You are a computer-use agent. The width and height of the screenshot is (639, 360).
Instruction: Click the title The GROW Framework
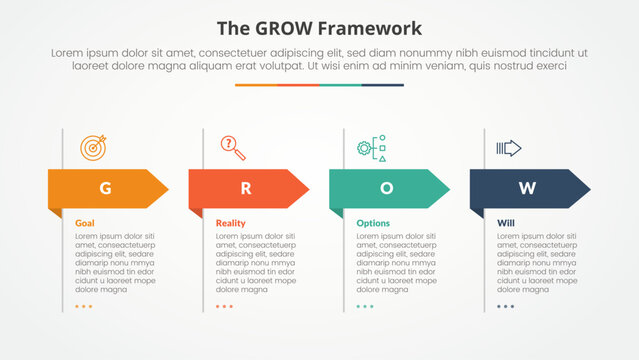319,28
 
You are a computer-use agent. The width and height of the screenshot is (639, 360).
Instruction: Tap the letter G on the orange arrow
105,188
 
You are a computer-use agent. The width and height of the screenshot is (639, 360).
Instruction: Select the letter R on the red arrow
245,188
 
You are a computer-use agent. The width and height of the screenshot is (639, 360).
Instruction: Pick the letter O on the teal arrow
386,188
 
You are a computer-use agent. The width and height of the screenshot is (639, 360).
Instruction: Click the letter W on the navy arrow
526,188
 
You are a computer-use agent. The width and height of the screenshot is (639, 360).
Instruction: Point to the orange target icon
92,147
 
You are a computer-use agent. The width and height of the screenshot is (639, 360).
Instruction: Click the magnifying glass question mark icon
233,148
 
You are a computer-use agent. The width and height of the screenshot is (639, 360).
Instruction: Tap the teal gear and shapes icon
371,149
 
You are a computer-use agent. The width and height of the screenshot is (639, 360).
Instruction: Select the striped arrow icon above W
509,148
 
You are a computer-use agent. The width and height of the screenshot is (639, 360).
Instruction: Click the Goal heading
86,223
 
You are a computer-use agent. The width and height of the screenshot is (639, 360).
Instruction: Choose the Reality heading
231,223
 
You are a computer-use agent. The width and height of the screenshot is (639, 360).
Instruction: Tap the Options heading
373,223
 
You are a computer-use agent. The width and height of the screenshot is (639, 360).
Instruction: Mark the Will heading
506,223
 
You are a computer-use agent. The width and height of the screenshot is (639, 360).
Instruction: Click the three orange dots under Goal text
84,307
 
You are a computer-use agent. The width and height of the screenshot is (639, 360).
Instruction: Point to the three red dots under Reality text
224,307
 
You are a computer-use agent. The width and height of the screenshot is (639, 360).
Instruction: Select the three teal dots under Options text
365,307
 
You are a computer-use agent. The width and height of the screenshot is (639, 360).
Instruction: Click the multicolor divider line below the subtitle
319,85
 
